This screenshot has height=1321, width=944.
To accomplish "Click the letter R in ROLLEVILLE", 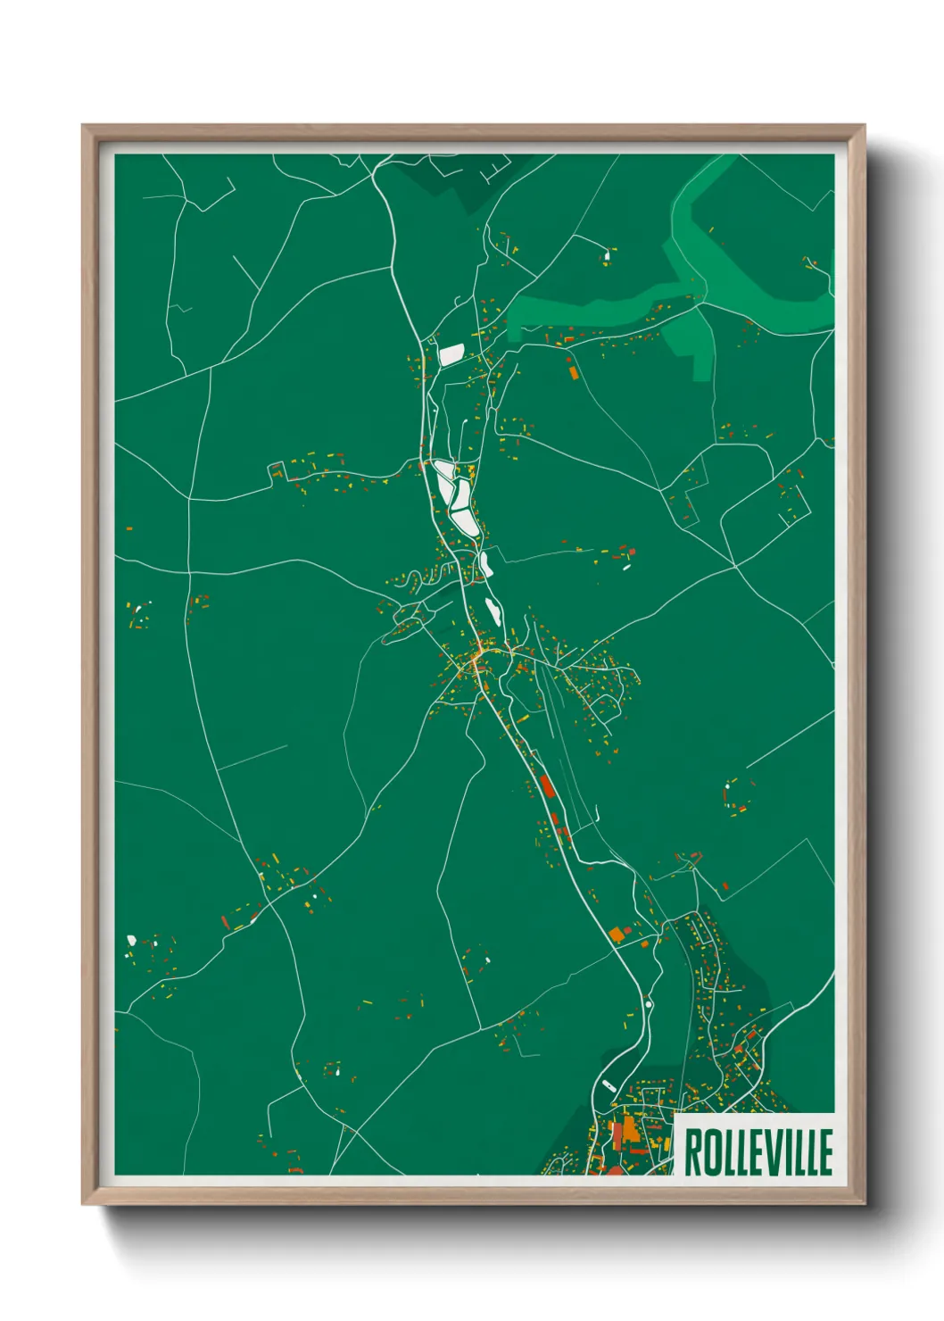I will pyautogui.click(x=693, y=1152).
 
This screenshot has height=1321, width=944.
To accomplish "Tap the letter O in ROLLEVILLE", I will pyautogui.click(x=711, y=1152).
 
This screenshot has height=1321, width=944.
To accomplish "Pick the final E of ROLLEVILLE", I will pyautogui.click(x=825, y=1152).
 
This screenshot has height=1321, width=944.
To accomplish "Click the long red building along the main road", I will pyautogui.click(x=547, y=786).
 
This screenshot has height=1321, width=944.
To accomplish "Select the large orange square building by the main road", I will pyautogui.click(x=616, y=935).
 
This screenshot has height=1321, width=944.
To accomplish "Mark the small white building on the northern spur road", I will pyautogui.click(x=607, y=257).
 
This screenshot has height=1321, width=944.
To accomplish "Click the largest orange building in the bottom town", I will pyautogui.click(x=630, y=1129).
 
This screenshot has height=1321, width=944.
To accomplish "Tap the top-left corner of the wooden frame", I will pyautogui.click(x=84, y=127).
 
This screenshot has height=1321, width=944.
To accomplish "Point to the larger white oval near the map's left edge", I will pyautogui.click(x=132, y=939).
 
